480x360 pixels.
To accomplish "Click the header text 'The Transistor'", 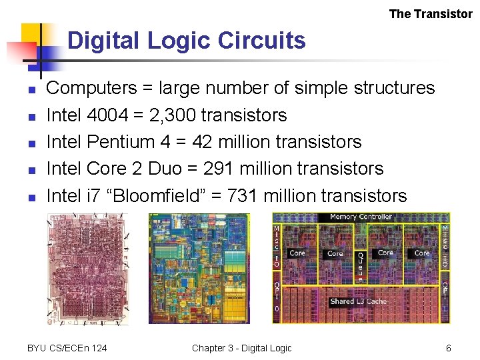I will click(x=431, y=13).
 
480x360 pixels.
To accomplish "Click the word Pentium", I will click(x=121, y=142).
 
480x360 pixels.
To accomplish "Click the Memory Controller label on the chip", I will click(x=361, y=217).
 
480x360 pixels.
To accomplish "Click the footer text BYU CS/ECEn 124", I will click(x=67, y=348).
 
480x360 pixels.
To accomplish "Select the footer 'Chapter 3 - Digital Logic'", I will click(x=241, y=348).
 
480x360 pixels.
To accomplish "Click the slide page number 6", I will click(x=449, y=348).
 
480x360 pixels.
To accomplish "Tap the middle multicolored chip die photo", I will click(x=199, y=268).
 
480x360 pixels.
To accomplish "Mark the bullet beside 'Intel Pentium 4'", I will click(x=31, y=143).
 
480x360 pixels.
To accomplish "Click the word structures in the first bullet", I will click(x=387, y=88).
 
